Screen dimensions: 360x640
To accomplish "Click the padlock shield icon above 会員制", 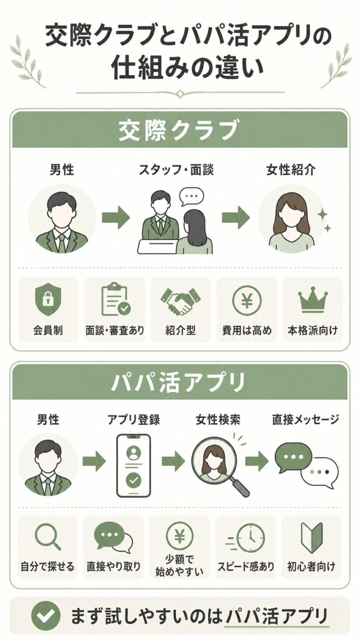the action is point(48,299).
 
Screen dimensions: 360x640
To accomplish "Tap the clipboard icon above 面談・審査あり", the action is point(116,299).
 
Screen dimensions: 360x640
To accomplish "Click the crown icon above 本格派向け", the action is point(313,302).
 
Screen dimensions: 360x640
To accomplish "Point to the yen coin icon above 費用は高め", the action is point(247,300).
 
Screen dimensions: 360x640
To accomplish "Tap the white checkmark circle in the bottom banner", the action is point(46,616).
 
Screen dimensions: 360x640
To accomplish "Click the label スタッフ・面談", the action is point(176,170).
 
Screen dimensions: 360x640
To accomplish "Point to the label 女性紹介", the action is point(291,170).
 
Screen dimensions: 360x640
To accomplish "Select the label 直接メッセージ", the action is point(305,420).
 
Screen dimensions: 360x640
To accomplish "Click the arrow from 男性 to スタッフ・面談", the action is point(116,218).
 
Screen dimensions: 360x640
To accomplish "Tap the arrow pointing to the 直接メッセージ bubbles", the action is point(256,461).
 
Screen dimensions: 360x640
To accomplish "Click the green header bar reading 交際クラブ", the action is point(180,129).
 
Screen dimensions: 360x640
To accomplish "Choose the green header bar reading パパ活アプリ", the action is point(180,382).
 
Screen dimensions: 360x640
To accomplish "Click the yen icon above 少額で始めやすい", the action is point(180,536).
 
